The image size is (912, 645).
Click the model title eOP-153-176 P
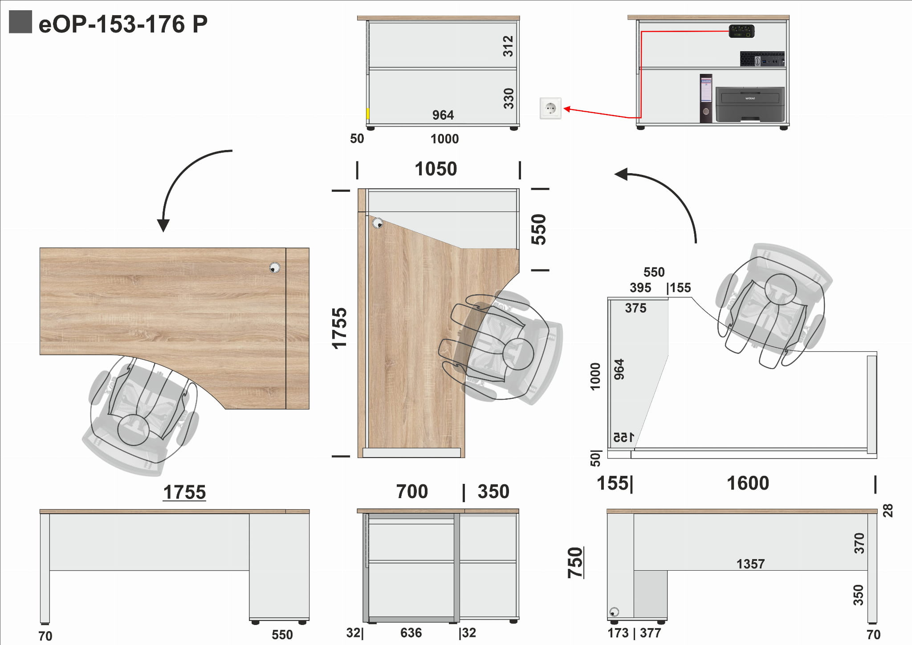point(123,24)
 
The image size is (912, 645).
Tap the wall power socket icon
point(550,108)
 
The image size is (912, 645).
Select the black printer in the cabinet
point(750,104)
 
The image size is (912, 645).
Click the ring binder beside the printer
point(706,98)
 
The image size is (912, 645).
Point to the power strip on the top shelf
point(741,31)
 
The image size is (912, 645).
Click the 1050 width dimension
point(436,169)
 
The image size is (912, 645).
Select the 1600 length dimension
point(748,483)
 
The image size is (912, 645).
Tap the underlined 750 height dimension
point(575,563)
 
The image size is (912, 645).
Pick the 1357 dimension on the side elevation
point(750,564)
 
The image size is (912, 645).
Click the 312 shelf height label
point(508,46)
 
